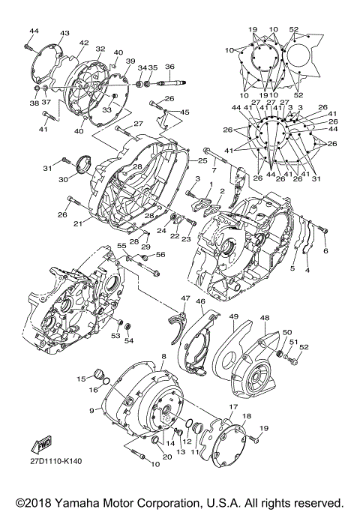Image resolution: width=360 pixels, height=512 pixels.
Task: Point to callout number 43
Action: click(64, 34)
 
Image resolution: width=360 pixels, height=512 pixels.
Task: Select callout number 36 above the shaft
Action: click(169, 66)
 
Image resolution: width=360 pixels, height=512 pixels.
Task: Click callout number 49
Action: click(233, 316)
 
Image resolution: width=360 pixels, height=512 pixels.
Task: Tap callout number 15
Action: click(81, 379)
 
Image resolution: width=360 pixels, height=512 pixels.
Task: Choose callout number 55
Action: click(121, 247)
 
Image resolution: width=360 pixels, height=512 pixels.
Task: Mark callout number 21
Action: click(77, 223)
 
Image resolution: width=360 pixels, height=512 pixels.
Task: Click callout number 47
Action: click(184, 298)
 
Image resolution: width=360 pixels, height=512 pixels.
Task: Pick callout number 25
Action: click(202, 160)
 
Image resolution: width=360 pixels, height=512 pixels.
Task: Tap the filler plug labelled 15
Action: click(96, 376)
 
